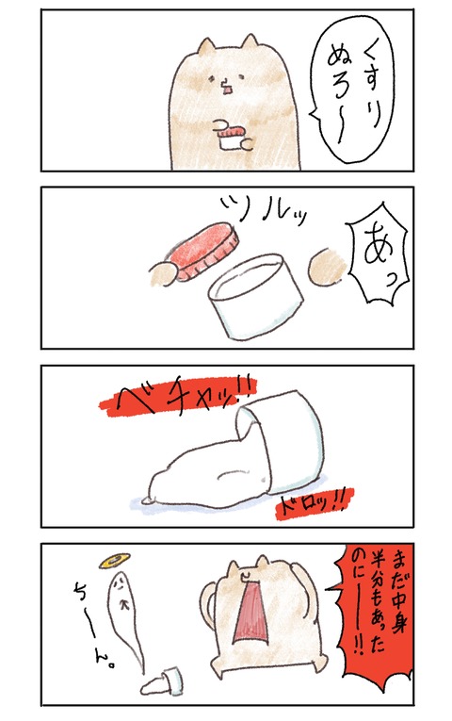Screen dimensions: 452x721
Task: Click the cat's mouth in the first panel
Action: click(x=227, y=86)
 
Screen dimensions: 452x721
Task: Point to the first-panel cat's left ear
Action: click(x=205, y=46)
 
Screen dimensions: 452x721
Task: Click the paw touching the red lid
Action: click(x=163, y=274)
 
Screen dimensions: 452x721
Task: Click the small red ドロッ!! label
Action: click(x=315, y=502)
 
